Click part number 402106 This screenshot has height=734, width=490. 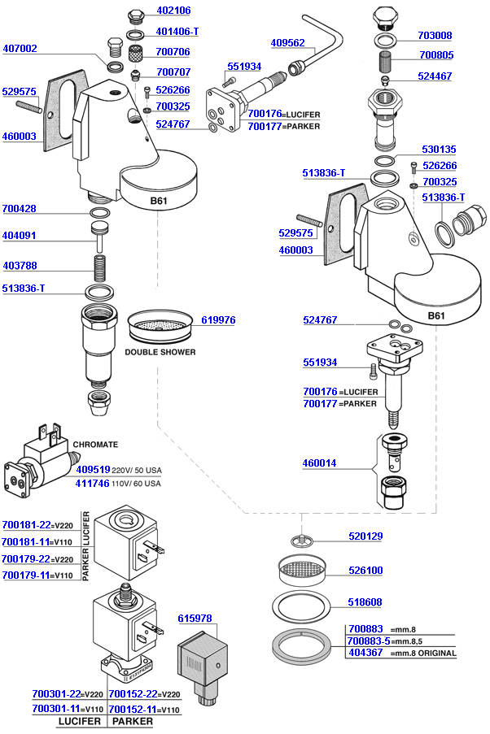[173, 11]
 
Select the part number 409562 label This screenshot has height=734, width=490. [287, 42]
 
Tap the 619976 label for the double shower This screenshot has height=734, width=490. [217, 320]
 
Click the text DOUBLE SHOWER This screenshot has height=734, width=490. [160, 352]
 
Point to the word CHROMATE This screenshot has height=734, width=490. [95, 445]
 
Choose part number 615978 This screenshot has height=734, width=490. [195, 619]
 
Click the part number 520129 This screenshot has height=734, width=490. [365, 536]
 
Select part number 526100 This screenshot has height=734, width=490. [365, 571]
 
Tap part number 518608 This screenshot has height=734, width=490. [365, 602]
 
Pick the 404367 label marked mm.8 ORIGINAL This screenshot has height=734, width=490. [365, 653]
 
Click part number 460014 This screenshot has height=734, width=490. [320, 463]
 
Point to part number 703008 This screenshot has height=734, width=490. [435, 36]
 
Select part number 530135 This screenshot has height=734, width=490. [439, 150]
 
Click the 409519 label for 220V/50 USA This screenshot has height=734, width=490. [93, 470]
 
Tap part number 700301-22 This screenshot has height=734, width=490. [55, 694]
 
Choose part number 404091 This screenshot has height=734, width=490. [20, 236]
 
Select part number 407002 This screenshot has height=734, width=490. [20, 49]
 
